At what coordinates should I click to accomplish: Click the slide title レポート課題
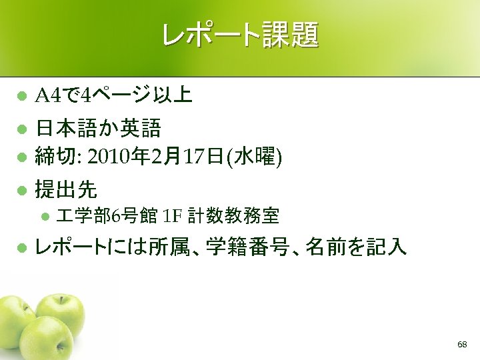point(240,35)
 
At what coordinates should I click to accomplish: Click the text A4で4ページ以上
point(113,97)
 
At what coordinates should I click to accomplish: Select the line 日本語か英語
point(98,127)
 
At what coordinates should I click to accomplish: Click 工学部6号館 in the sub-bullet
point(107,216)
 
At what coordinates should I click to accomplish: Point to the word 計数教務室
point(233,216)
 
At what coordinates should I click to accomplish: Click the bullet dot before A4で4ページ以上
point(21,97)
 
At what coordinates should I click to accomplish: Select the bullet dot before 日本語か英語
point(21,127)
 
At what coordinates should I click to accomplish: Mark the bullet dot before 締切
point(21,157)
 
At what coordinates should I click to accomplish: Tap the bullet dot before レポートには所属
point(21,249)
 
